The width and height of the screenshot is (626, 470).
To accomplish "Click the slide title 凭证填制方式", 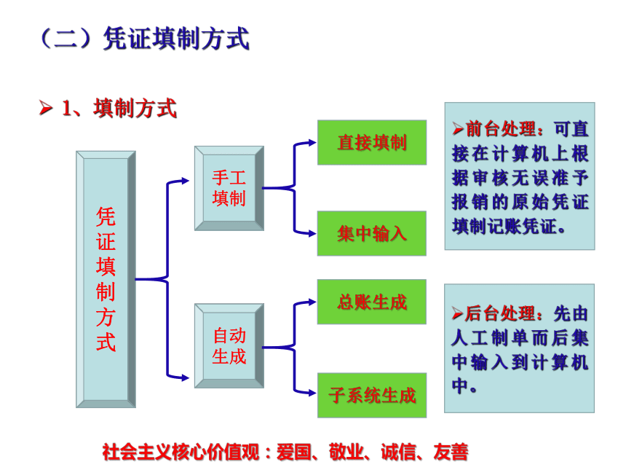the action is point(176,39).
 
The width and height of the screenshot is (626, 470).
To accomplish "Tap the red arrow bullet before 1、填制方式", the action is point(46,108).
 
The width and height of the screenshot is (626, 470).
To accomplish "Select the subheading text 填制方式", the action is point(135,109).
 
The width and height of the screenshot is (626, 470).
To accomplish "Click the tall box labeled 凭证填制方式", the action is point(106,279).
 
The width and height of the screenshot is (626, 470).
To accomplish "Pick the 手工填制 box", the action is point(229,188).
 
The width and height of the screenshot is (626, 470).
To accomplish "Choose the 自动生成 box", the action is point(229,345).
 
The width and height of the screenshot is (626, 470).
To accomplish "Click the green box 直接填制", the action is point(372,142).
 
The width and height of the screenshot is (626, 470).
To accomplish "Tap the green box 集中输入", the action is point(372,233).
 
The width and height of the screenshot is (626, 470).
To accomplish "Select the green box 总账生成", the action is point(372,302).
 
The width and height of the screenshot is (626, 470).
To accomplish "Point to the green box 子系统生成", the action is point(372,395).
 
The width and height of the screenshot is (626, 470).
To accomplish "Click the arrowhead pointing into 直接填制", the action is point(312,142).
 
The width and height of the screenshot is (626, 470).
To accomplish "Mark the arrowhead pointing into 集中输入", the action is point(312,233).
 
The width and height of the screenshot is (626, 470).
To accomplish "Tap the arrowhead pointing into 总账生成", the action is point(312,302).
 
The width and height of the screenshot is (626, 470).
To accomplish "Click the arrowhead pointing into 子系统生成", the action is point(312,393).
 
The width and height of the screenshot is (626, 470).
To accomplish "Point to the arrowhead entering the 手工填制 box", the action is point(185,181).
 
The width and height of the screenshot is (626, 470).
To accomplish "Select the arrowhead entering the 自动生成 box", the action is point(185,377).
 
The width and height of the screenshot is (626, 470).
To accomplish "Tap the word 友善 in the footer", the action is point(451,452).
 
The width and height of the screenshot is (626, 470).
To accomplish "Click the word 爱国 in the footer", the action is point(294,452).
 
